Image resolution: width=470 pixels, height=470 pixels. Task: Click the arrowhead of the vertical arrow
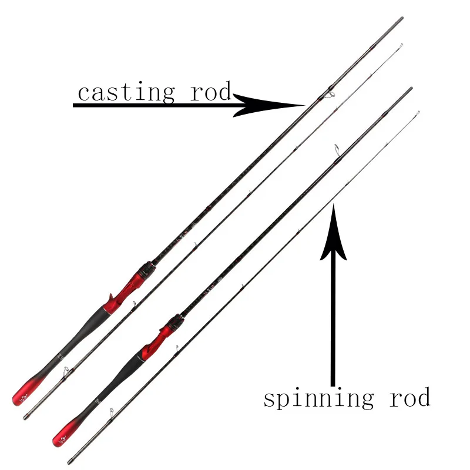tap(333, 232)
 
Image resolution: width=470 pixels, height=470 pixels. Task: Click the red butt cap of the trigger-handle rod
tap(23, 392)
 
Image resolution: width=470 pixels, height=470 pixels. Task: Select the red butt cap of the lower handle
tap(64, 433)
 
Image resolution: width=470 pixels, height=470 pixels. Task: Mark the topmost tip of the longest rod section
tap(402, 18)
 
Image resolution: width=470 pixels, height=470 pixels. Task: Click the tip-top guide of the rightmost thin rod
tap(418, 112)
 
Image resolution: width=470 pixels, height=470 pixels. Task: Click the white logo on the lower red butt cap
tap(59, 438)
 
